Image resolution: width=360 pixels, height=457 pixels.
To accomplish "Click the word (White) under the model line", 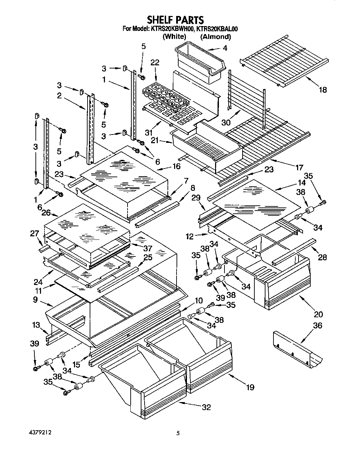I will [x=174, y=36].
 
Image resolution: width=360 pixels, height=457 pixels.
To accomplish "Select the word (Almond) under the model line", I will [x=215, y=36].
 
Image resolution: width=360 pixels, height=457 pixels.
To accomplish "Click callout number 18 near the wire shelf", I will [x=323, y=90].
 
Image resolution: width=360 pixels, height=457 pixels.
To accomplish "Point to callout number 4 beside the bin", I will [x=225, y=48].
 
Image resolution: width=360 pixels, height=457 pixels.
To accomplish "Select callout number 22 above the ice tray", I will [x=155, y=62].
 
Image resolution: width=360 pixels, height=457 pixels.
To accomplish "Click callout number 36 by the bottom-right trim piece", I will [x=318, y=325].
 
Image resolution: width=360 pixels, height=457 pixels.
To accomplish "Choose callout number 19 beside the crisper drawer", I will [x=250, y=387].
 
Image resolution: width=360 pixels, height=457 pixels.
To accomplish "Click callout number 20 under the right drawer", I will [x=318, y=314].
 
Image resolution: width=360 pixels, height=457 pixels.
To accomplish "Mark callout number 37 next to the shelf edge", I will [x=148, y=248].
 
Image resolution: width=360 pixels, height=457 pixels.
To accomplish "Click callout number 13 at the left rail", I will [x=36, y=325].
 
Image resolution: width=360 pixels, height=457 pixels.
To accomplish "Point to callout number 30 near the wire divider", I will [x=226, y=122].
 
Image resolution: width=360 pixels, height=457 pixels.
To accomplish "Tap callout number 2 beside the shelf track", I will [x=59, y=96].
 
